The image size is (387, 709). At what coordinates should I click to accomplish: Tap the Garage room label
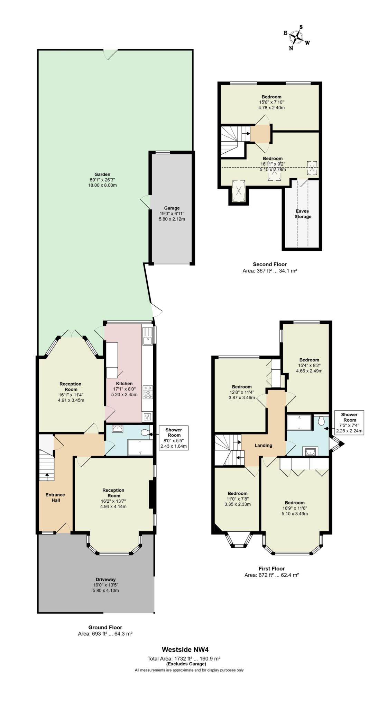[172, 208]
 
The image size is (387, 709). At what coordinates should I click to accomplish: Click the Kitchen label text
[124, 384]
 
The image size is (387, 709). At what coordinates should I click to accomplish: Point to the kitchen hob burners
[148, 392]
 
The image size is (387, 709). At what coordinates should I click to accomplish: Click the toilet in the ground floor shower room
[146, 432]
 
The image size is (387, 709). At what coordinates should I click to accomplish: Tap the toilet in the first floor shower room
[321, 421]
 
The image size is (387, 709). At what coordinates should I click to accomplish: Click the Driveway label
[106, 580]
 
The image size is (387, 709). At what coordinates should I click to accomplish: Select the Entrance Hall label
[55, 497]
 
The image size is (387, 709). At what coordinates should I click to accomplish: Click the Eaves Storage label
[303, 214]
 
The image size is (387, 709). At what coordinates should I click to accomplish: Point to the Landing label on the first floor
[264, 446]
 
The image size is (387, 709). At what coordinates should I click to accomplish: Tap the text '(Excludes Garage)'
[186, 664]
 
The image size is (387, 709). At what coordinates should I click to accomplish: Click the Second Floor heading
[270, 264]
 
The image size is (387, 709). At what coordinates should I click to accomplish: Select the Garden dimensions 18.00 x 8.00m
[102, 185]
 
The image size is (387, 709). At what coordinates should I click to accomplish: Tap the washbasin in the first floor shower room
[309, 451]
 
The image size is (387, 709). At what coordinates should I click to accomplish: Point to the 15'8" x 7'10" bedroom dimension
[271, 102]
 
